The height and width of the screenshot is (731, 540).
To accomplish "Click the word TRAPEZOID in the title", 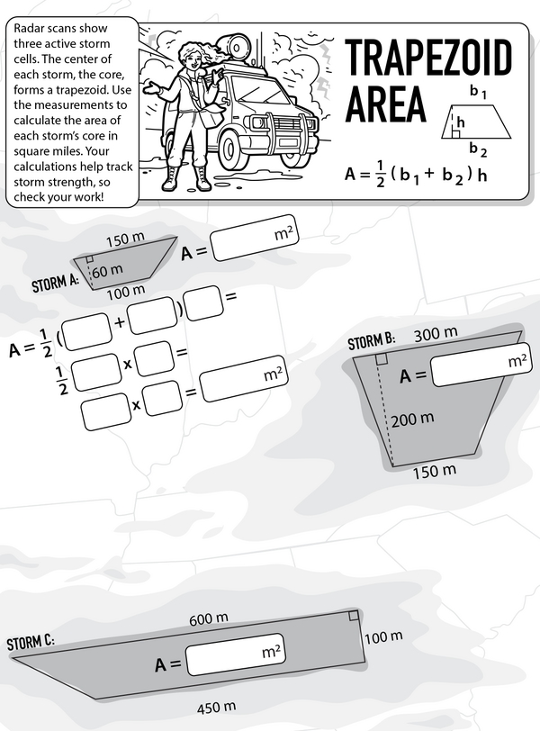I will click(x=428, y=59).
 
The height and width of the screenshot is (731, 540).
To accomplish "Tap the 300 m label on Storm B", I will click(x=436, y=335).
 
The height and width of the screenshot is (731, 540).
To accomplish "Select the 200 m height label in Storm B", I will click(x=414, y=418).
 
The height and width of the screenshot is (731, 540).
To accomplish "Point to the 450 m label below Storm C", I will click(x=217, y=705).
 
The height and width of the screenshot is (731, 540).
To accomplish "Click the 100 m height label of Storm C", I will click(x=383, y=638).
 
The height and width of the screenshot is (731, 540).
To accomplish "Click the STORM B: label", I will click(x=371, y=342).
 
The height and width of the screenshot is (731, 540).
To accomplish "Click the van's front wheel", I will click(x=294, y=149).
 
